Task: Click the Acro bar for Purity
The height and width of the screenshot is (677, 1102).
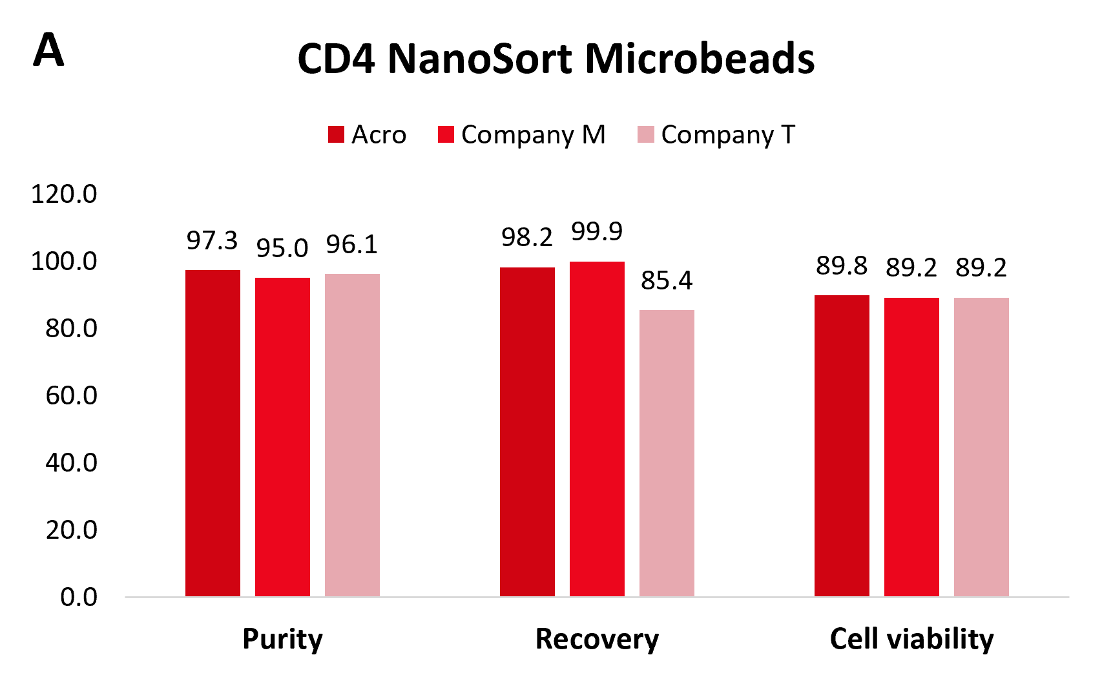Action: pos(213,433)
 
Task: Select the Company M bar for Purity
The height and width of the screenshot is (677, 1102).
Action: pos(282,437)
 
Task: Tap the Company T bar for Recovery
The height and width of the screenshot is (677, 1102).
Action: pos(667,453)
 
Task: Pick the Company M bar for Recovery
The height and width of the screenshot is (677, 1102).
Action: pos(597,429)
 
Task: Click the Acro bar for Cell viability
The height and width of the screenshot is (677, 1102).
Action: pos(842,446)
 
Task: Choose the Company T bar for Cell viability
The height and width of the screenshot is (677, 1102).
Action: pos(981,447)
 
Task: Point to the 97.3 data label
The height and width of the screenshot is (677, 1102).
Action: pos(212,240)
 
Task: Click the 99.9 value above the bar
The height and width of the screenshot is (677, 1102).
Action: pos(597,232)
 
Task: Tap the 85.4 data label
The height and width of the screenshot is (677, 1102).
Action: pos(667,280)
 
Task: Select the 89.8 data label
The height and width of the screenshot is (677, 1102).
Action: pos(842,266)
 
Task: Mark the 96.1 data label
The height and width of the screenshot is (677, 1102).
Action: pos(352,245)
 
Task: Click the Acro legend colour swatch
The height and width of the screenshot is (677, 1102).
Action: pos(336,135)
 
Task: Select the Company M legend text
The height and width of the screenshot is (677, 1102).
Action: pos(534,135)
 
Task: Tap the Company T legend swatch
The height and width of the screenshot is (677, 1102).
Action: pos(646,135)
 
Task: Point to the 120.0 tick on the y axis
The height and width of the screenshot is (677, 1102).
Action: pos(64,194)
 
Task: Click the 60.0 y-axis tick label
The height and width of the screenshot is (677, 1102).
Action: pos(71,395)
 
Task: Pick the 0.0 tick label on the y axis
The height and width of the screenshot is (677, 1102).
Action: pos(79,598)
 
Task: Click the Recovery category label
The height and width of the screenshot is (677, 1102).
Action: pos(597,640)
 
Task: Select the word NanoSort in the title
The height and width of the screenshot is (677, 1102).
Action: pos(480,59)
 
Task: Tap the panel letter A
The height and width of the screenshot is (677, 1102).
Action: pos(48,50)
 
